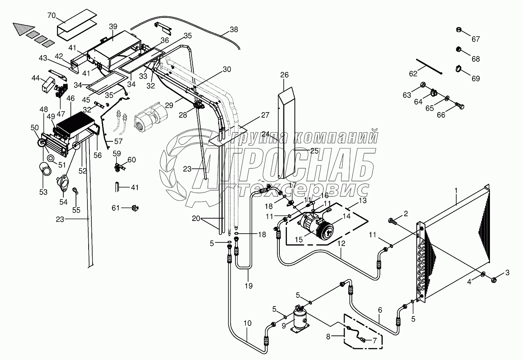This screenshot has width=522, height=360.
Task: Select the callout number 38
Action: point(234,29)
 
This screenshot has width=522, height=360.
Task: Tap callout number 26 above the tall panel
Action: point(296,75)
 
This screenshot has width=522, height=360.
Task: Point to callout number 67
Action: point(475,39)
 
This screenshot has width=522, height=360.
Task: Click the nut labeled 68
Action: point(459,50)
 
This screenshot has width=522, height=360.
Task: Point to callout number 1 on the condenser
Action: point(456,190)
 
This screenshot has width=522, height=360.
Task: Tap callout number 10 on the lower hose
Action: point(247,323)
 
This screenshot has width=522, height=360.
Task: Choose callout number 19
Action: point(249,285)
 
